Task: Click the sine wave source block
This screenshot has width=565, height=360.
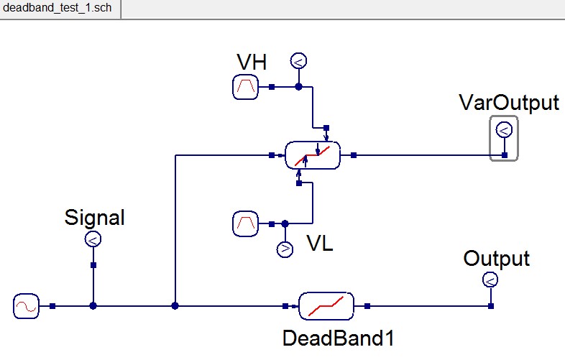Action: (27, 306)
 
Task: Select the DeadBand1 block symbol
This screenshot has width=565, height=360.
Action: (326, 306)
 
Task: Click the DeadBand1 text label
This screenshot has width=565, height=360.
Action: (339, 338)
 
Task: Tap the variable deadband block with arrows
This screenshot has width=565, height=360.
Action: (313, 154)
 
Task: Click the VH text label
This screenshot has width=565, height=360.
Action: (252, 63)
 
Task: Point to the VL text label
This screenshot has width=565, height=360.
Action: (320, 244)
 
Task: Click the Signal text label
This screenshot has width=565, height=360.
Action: (94, 216)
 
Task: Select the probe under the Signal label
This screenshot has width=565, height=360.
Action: (93, 239)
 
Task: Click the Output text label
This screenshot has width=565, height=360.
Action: (496, 258)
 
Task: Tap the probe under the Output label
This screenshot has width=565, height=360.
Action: (490, 279)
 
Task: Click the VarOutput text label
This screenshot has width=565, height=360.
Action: (508, 103)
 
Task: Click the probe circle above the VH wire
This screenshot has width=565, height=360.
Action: (298, 60)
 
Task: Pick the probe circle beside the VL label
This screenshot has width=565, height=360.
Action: (285, 249)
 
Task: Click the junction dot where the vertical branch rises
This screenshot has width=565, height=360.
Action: (175, 306)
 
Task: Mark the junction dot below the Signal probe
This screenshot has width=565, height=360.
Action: (93, 306)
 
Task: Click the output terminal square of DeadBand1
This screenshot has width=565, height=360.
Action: (367, 306)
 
